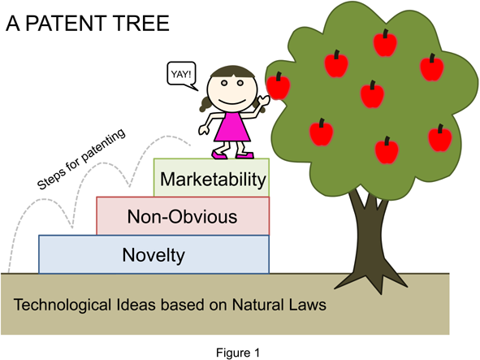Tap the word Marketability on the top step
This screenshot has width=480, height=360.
[214, 178]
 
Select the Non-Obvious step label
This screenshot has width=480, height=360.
[182, 217]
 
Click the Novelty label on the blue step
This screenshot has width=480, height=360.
[154, 255]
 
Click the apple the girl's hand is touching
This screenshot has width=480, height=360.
[279, 85]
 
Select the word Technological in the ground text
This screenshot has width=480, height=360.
[63, 306]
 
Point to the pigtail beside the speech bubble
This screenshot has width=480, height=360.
[202, 103]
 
